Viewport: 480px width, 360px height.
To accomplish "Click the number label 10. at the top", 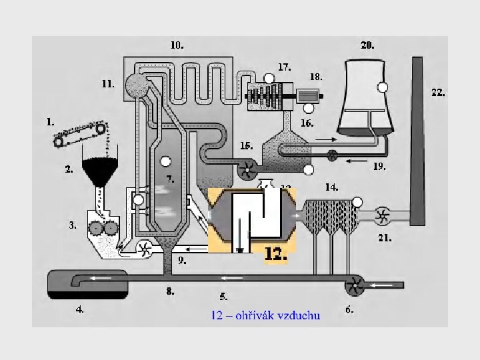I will (x=177, y=45).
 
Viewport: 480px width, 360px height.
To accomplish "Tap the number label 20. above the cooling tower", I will (x=367, y=45).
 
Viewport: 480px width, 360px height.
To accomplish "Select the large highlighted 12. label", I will (x=276, y=254).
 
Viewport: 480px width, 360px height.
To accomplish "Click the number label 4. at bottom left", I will (x=79, y=309).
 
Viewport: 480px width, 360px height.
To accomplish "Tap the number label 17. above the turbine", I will (x=284, y=67).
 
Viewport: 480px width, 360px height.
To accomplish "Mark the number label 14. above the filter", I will (x=331, y=187).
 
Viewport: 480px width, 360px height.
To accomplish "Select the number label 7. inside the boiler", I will (x=171, y=179).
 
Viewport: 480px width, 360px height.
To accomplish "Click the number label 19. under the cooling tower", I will (x=379, y=167).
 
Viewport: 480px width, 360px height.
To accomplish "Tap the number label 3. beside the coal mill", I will (x=73, y=225).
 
